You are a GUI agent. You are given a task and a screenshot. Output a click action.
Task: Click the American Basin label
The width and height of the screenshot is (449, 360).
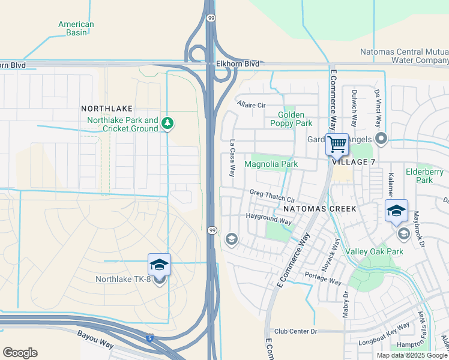(76, 28)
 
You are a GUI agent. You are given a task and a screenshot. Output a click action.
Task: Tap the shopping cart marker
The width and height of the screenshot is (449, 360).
(337, 144)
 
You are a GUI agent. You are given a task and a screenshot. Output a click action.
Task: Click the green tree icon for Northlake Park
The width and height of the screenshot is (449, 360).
(168, 124)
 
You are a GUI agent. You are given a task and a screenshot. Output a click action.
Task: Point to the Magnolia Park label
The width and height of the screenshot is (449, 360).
(271, 164)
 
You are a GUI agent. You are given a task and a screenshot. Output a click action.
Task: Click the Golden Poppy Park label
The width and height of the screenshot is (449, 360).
(295, 119)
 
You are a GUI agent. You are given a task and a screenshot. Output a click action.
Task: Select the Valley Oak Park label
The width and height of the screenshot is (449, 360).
(375, 252)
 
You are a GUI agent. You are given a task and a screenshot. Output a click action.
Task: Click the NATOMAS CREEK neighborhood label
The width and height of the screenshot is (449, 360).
(320, 209)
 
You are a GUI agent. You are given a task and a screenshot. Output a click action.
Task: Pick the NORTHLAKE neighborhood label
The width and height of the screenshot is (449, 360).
(106, 109)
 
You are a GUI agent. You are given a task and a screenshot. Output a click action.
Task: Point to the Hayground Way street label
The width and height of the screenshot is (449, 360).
(268, 218)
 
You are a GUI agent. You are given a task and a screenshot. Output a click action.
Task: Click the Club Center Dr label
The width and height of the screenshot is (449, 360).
(295, 331)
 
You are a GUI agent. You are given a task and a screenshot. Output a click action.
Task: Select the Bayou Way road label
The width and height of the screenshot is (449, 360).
(95, 338)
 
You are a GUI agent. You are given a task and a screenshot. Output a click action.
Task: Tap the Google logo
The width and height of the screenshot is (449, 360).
(20, 352)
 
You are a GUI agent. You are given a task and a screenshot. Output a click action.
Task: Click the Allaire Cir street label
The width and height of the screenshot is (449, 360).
(252, 105)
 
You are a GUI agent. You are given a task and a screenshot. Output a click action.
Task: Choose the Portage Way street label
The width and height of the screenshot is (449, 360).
(323, 278)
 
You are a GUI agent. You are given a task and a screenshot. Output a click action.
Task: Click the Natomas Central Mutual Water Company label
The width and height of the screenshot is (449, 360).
(404, 56)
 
